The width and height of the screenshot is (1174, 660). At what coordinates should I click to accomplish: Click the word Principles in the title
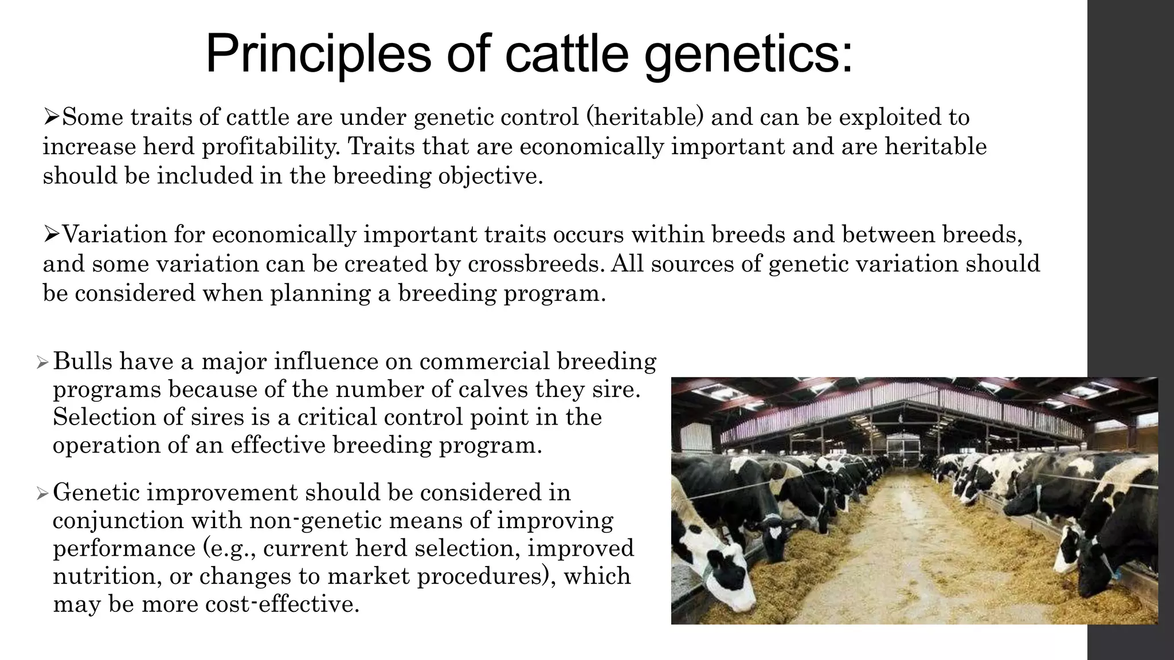tap(318, 54)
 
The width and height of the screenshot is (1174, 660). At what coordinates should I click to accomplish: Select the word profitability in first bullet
tap(270, 147)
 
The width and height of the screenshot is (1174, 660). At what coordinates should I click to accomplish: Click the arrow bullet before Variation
tap(52, 234)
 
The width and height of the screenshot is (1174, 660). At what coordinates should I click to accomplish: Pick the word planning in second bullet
tap(317, 293)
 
